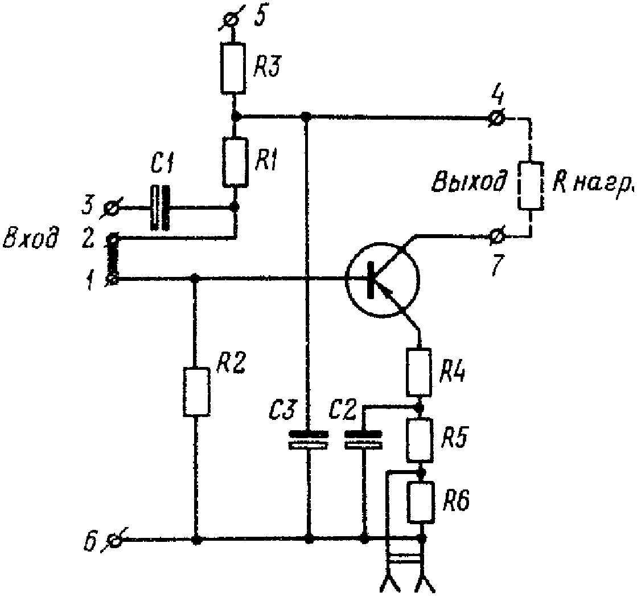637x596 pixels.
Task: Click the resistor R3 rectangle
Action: pyautogui.click(x=233, y=68)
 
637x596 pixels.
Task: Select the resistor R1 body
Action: pyautogui.click(x=235, y=162)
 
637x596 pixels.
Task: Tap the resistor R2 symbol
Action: pyautogui.click(x=196, y=391)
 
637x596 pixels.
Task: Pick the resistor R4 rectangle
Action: pyautogui.click(x=418, y=372)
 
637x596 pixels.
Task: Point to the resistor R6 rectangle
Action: pyautogui.click(x=422, y=501)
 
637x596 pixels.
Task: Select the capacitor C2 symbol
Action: pyautogui.click(x=363, y=439)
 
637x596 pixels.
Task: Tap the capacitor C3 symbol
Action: pyautogui.click(x=308, y=439)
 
